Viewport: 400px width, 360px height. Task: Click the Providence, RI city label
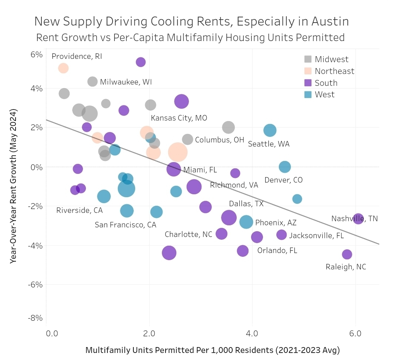[x=77, y=57]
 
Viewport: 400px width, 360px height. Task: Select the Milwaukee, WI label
[x=126, y=82]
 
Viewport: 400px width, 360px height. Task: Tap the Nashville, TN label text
[x=354, y=219]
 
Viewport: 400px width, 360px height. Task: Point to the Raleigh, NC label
[x=346, y=267]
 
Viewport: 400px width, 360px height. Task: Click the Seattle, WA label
[x=269, y=144]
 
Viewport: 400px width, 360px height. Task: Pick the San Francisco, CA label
[x=126, y=225]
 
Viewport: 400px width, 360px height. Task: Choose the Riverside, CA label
[x=79, y=211]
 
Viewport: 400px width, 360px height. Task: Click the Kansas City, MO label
[x=179, y=118]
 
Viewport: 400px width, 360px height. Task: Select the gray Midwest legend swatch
[x=308, y=59]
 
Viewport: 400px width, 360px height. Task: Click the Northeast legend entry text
[x=334, y=71]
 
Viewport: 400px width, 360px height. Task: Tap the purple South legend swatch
[x=308, y=83]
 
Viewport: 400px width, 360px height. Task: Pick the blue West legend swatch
[x=308, y=95]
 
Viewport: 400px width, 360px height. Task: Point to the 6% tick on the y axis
[x=36, y=54]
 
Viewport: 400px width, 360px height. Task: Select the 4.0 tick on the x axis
[x=252, y=334]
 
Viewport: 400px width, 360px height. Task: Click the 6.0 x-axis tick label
[x=355, y=334]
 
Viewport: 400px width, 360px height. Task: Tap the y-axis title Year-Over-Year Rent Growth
[x=14, y=186]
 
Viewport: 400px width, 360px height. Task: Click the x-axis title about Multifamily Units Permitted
[x=213, y=350]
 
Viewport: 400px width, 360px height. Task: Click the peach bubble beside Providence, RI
[x=63, y=68]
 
